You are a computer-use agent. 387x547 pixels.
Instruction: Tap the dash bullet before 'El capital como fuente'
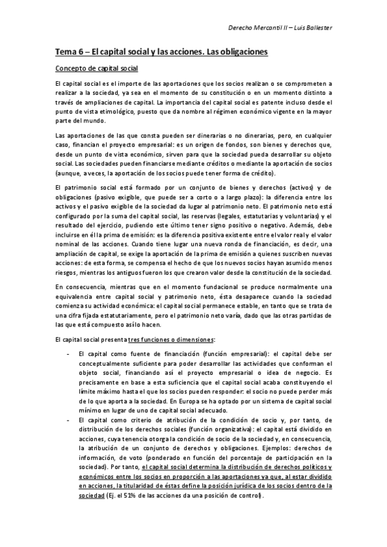[68, 354]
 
